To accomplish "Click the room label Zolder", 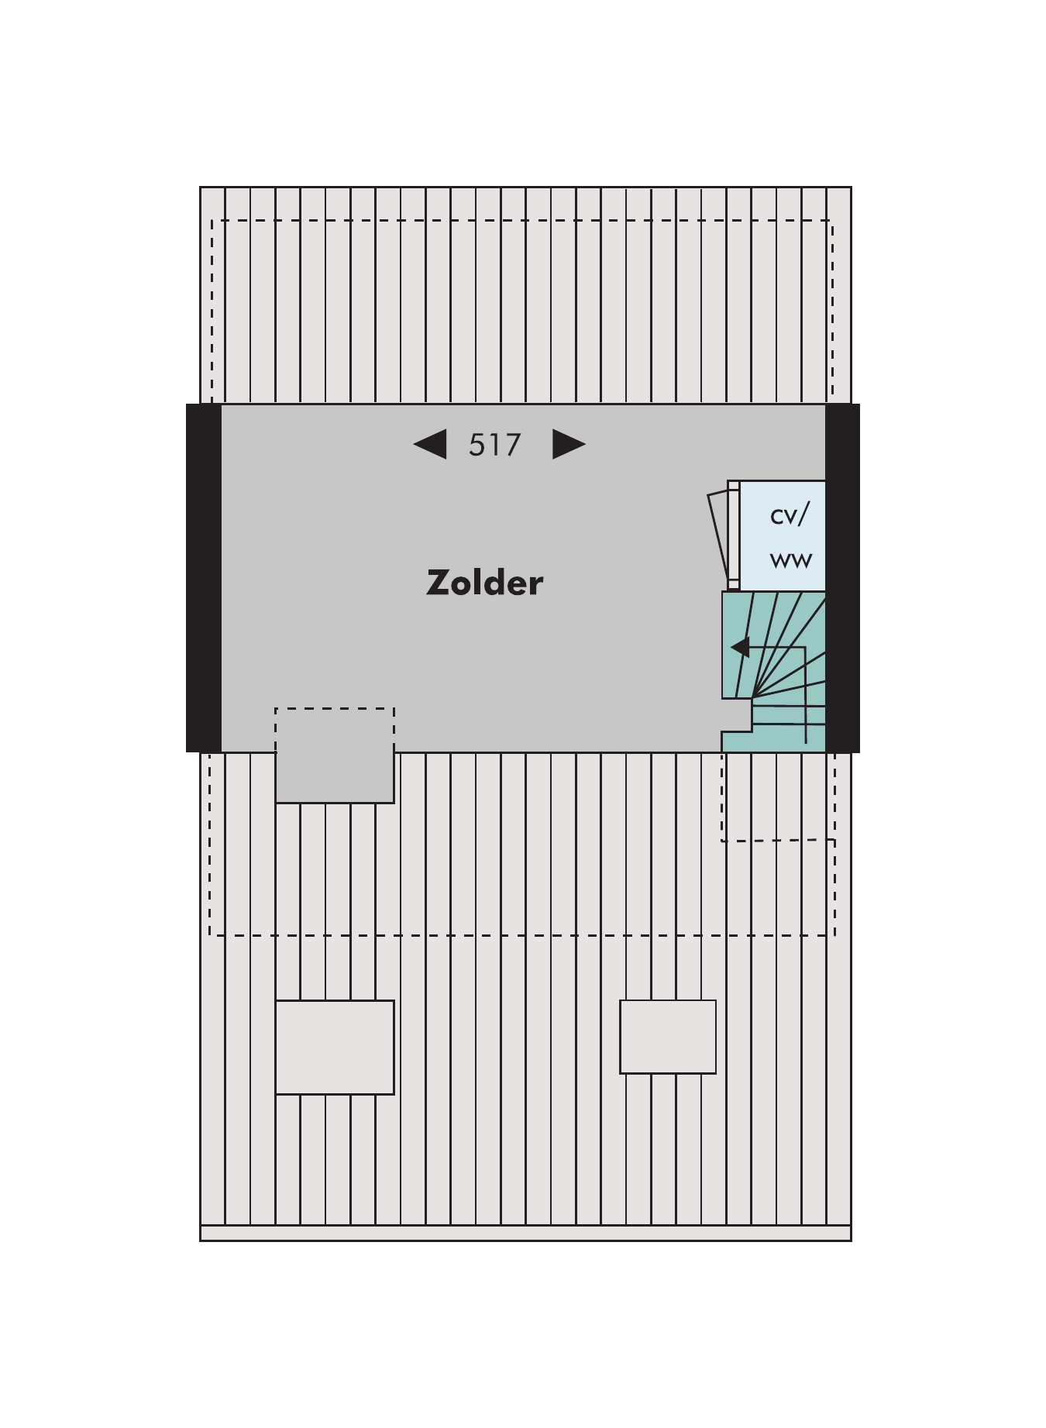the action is pos(485,583).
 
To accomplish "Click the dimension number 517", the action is pos(495,445).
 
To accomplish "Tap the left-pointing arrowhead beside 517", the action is pos(430,444).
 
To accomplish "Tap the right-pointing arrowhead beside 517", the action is pos(569,444).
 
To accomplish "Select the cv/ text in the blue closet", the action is pos(790,514).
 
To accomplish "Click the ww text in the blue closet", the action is pos(791,559).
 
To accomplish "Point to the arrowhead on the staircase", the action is pos(741,647).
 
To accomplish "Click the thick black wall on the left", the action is pos(204,578).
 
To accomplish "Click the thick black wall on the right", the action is pos(842,578).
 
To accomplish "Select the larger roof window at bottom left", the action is pos(335,1048).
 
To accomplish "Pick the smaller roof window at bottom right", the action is pos(668,1037).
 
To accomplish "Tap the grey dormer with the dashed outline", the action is pos(335,755).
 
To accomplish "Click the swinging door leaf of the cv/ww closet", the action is pos(718,537).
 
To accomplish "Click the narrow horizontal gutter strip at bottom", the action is pos(525,1233).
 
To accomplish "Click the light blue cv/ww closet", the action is pos(782,535).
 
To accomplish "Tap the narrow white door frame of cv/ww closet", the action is pos(733,535).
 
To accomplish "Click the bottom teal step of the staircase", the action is pos(773,742).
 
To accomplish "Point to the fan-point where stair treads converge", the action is pos(752,697).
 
